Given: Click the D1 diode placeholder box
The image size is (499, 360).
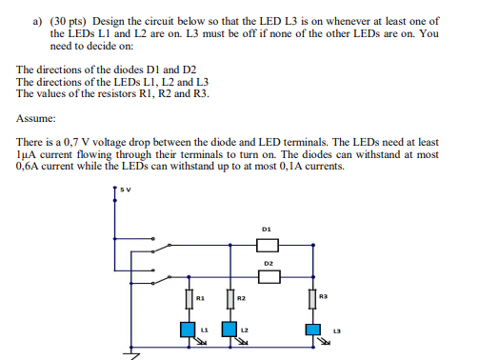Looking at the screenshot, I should pos(268,247).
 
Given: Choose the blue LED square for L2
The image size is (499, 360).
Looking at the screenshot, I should pos(229,330).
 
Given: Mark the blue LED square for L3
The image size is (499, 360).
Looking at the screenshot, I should pos(312,330).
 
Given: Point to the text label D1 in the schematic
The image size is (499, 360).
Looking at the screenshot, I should pos(267,230).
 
